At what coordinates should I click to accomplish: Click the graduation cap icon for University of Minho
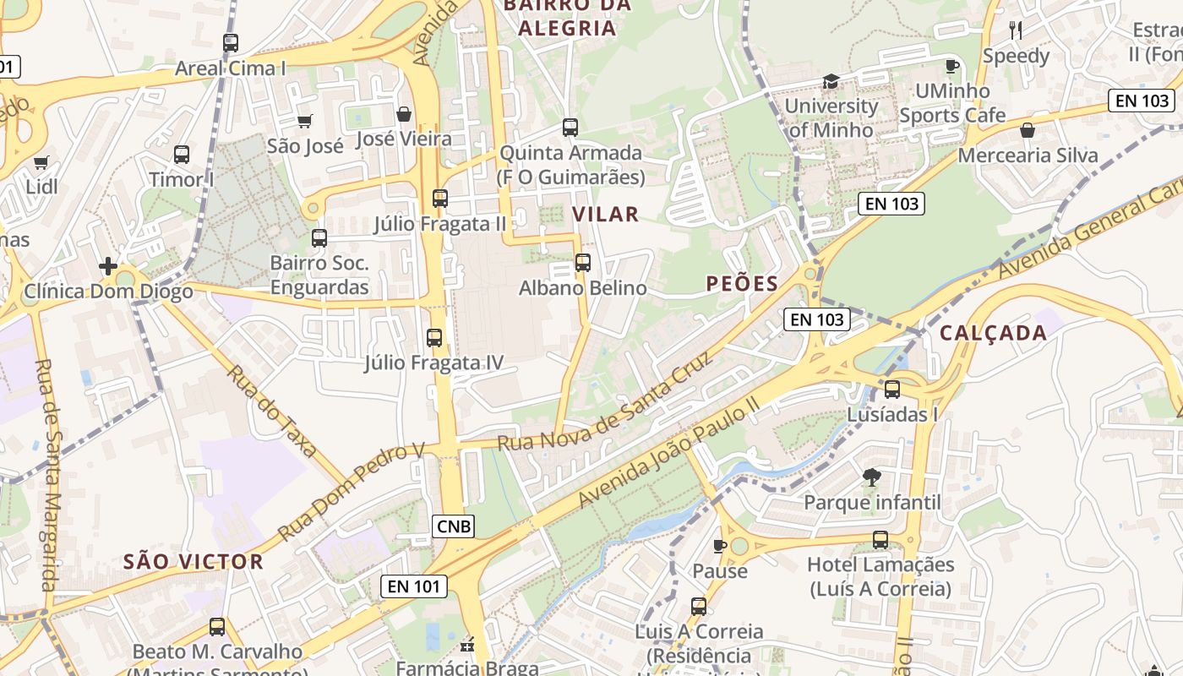pos(831,81)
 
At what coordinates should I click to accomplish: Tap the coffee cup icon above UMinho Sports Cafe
pos(951,66)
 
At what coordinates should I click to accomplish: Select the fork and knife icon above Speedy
pos(1016,31)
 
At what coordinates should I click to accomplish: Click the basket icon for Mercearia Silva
pos(1028,130)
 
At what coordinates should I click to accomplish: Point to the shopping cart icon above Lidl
pos(41,162)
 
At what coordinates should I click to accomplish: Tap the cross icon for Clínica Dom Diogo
pos(108,267)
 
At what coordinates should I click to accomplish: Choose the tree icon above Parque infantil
pos(872,477)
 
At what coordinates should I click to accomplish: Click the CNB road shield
pos(455,526)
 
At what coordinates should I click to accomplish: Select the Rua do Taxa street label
pos(271,411)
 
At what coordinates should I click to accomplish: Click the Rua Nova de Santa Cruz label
pos(604,401)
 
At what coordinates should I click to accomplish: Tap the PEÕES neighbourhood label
pos(742,284)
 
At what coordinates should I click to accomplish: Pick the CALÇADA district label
pos(993,333)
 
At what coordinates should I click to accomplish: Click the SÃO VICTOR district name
pos(194,562)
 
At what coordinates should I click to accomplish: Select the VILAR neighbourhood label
pos(605,214)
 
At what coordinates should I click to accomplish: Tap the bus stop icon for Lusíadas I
pos(892,390)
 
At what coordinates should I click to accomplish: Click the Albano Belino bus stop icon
pos(582,263)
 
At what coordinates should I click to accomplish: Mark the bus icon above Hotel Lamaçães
pos(880,540)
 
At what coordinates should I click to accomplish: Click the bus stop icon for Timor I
pos(182,155)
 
